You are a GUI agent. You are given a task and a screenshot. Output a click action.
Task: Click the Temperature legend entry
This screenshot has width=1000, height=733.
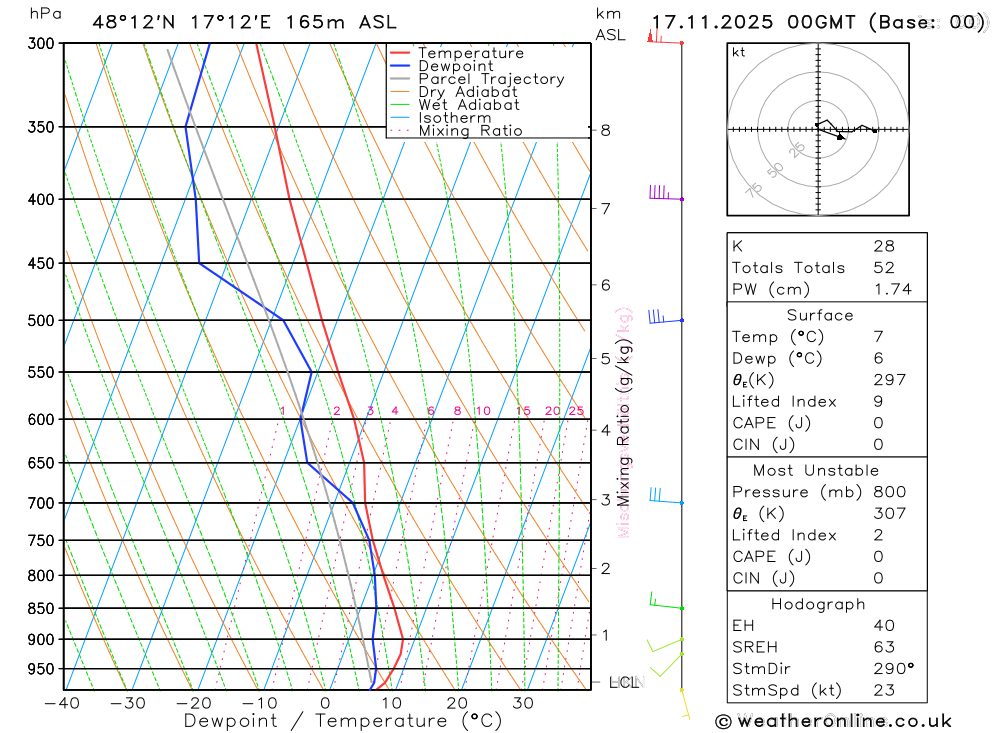(x=470, y=53)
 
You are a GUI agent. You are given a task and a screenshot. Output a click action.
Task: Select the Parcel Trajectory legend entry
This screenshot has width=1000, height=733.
(x=491, y=79)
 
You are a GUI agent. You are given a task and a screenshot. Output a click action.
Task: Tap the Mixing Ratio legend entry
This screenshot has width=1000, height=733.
(x=470, y=130)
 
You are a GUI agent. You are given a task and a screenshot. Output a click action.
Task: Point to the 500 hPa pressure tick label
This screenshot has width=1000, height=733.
(x=41, y=321)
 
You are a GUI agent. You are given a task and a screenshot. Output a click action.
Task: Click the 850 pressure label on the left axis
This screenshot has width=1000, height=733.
(x=41, y=608)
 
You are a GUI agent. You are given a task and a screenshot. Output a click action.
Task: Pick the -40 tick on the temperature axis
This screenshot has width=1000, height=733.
(x=62, y=703)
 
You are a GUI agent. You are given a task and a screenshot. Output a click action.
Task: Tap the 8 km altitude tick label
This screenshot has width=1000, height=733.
(x=605, y=130)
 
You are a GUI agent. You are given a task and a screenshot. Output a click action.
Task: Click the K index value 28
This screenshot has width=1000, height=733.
(x=884, y=246)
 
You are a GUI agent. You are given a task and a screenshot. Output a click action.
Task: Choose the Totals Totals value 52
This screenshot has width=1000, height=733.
(x=884, y=268)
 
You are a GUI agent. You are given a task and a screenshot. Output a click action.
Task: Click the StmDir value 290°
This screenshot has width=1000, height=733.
(x=892, y=669)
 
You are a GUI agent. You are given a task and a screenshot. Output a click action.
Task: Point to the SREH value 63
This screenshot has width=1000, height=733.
(x=884, y=647)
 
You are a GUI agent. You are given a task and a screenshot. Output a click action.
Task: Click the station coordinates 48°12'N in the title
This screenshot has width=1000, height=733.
(x=131, y=22)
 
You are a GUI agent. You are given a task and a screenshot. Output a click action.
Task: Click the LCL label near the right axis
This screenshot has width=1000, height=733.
(x=623, y=683)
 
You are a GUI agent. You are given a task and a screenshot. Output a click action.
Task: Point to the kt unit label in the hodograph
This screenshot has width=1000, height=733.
(x=739, y=53)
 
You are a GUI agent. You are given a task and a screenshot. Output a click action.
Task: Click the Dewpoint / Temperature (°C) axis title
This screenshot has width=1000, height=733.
(x=343, y=721)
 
